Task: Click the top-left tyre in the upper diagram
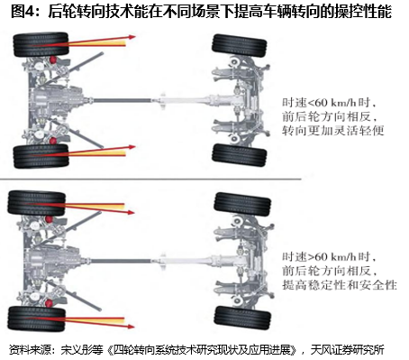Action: point(41,44)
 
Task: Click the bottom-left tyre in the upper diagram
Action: point(41,156)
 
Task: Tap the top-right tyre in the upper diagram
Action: point(240,46)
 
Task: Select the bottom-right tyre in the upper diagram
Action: point(240,155)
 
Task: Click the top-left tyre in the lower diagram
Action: point(37,203)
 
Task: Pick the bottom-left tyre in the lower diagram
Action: point(37,318)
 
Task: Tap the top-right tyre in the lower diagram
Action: point(242,204)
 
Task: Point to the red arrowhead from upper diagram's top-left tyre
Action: point(132,37)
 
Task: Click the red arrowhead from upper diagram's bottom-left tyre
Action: point(132,147)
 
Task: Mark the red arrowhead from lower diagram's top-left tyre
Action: point(131,212)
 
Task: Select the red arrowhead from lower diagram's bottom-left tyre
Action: point(131,327)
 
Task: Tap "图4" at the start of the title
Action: point(22,12)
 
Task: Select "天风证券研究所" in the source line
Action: point(348,350)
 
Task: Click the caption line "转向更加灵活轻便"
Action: point(333,131)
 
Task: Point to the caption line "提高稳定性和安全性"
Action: point(340,284)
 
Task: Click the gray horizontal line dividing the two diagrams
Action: point(150,180)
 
